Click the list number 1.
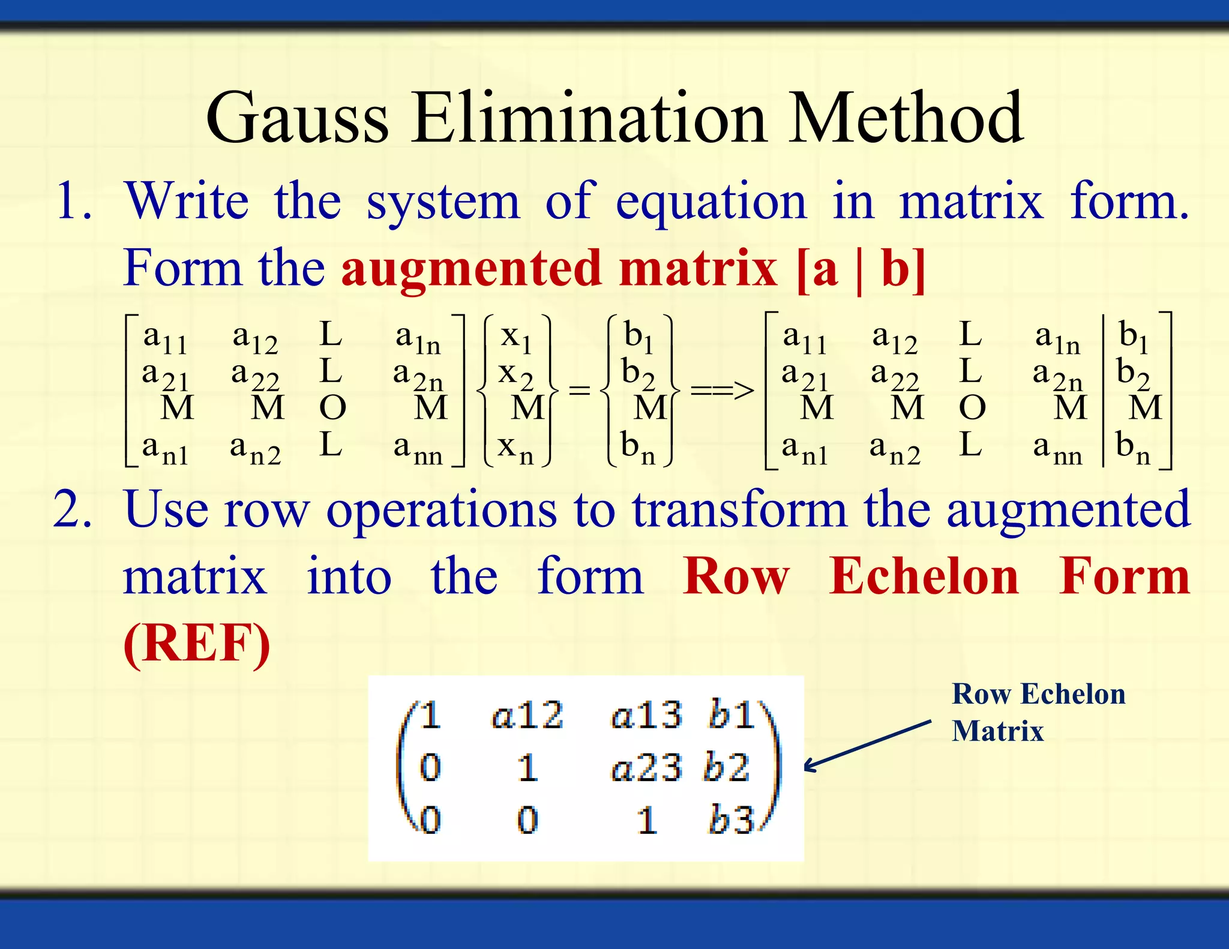coord(73,201)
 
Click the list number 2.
coord(73,509)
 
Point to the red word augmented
coord(471,269)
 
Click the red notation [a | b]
coord(861,269)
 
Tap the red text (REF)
coord(197,643)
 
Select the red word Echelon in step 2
coord(924,576)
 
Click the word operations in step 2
coord(442,509)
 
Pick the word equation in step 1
coord(711,202)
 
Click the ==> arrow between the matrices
coord(722,391)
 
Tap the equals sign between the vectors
coord(579,391)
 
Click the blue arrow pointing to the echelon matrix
coord(868,746)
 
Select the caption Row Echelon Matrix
coord(1038,712)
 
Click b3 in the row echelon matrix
coord(730,820)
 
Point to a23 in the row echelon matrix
coord(646,768)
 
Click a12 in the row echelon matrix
coord(527,715)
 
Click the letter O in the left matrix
coord(332,408)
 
